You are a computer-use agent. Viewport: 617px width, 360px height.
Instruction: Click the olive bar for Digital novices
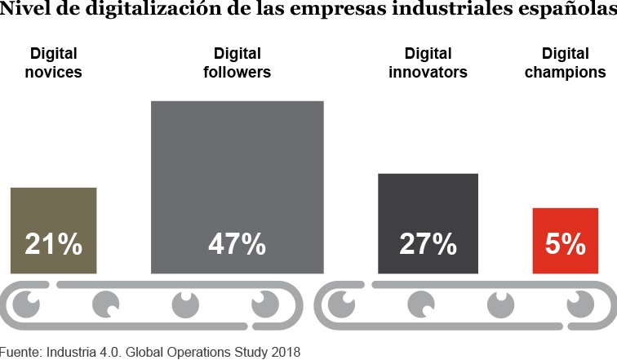tap(53, 212)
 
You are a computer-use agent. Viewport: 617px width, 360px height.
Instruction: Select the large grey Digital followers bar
tap(237, 163)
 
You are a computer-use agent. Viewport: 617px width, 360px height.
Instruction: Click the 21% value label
tap(53, 244)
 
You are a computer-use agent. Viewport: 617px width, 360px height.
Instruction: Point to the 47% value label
tap(237, 244)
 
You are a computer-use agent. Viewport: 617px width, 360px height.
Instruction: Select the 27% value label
tap(428, 244)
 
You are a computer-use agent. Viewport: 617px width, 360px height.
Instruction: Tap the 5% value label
tap(565, 244)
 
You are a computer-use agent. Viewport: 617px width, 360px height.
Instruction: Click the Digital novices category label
tap(54, 63)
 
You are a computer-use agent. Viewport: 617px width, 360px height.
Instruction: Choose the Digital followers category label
tap(237, 63)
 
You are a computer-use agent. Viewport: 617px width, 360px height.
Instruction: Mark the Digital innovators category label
tap(428, 63)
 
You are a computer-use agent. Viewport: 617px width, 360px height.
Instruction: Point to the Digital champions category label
tap(565, 63)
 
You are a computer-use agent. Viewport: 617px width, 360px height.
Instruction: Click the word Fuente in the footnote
tap(21, 352)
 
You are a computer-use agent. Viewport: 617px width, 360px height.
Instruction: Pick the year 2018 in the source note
tap(285, 352)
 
